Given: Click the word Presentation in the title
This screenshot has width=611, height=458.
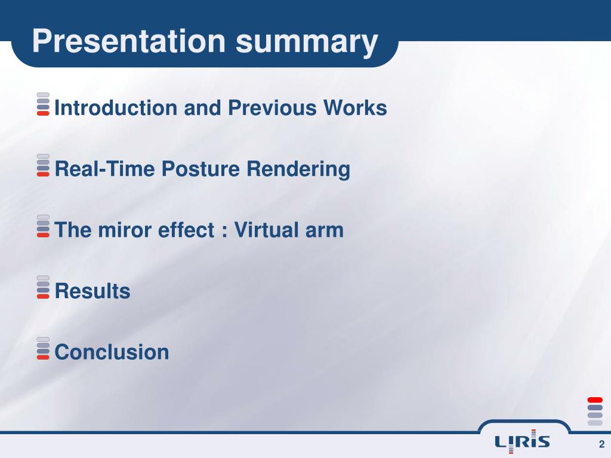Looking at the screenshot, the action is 129,41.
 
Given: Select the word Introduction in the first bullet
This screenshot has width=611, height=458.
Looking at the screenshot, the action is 116,107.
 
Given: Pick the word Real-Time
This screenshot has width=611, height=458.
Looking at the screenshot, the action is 104,169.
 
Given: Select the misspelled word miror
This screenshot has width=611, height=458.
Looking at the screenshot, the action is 125,230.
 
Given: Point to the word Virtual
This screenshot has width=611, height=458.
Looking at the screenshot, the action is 267,230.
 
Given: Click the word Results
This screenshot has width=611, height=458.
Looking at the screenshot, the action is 92,291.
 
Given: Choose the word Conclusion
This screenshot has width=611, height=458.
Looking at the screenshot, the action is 112,352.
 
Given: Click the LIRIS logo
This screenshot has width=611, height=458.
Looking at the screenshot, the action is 522,442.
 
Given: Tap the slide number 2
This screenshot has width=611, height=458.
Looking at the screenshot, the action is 601,444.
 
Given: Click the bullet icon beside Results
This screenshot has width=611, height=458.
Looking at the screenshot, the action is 43,287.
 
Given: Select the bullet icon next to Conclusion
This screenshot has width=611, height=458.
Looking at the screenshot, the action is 43,348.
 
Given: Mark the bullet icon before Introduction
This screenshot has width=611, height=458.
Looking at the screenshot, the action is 43,104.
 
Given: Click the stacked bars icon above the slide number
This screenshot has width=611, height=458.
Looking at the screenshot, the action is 595,411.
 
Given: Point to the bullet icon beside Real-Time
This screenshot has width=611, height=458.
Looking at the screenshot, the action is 43,165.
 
